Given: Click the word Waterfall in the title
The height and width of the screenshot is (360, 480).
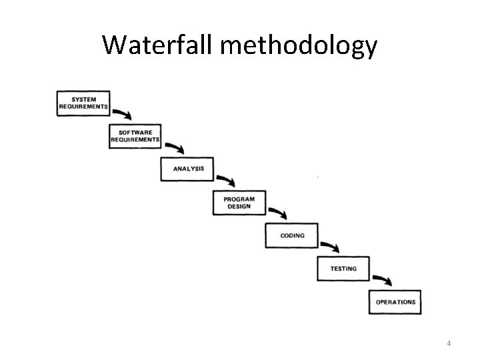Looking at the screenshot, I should point(157,45).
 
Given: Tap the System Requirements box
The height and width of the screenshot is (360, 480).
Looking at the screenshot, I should point(83,103).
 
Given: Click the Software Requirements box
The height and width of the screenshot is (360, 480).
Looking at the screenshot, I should point(135,136).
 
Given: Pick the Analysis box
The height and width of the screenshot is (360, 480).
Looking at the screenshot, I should point(187,169).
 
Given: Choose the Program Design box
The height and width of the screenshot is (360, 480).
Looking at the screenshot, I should point(239,203).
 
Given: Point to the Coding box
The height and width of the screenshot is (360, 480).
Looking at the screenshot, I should point(292,235).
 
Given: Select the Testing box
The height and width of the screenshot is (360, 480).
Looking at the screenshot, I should point(343,269).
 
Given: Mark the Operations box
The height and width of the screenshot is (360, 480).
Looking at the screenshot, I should point(395,302).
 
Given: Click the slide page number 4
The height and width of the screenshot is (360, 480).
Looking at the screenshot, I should point(449,343).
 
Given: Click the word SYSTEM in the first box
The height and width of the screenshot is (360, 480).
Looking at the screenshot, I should point(83,99).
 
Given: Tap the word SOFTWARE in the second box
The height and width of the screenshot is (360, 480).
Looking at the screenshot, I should point(135,132).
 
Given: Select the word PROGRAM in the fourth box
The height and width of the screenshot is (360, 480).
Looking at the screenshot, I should point(239,199).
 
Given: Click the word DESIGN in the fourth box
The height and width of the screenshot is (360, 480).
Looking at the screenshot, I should point(239,207).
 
